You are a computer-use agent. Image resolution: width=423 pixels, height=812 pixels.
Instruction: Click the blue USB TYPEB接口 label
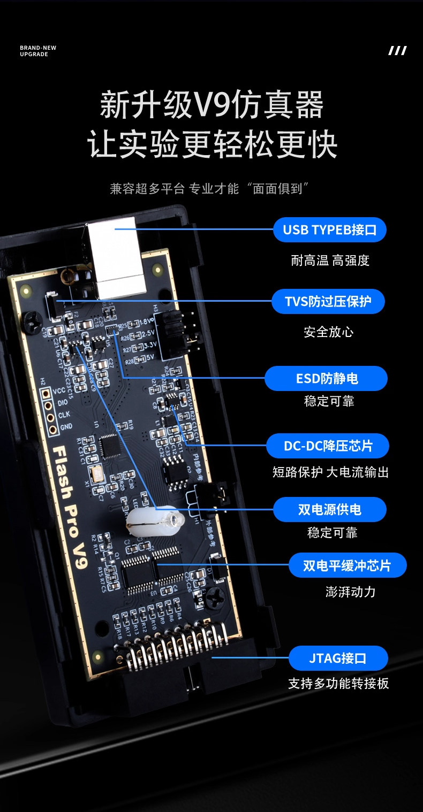point(330,230)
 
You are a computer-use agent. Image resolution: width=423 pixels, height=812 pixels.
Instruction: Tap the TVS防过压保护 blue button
point(328,301)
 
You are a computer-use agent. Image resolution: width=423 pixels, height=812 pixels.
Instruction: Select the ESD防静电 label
point(327,379)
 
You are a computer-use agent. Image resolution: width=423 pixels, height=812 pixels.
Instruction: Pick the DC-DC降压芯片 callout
point(328,446)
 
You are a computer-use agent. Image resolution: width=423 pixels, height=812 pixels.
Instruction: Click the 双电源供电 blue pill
point(330,509)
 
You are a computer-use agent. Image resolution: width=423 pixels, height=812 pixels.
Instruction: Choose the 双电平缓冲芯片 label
point(347,565)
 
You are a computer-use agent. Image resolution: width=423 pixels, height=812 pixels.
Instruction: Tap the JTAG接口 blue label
point(338,658)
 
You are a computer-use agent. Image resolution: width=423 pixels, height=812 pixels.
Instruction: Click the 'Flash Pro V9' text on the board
point(70,500)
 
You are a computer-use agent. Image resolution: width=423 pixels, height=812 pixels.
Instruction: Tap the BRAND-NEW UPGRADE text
point(38,51)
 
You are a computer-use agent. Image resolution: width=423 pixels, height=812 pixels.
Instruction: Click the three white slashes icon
point(397,51)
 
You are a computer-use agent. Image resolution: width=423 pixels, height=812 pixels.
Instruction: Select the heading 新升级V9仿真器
point(212,105)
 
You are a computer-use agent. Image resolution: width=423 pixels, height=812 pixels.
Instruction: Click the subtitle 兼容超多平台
point(147,189)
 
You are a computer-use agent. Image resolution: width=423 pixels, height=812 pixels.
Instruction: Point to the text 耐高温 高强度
point(330,261)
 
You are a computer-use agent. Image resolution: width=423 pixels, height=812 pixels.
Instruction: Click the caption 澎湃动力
point(350,592)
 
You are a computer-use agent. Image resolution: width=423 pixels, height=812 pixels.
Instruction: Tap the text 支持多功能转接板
point(338,684)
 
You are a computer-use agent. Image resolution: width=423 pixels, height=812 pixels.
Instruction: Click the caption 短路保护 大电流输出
point(330,472)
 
